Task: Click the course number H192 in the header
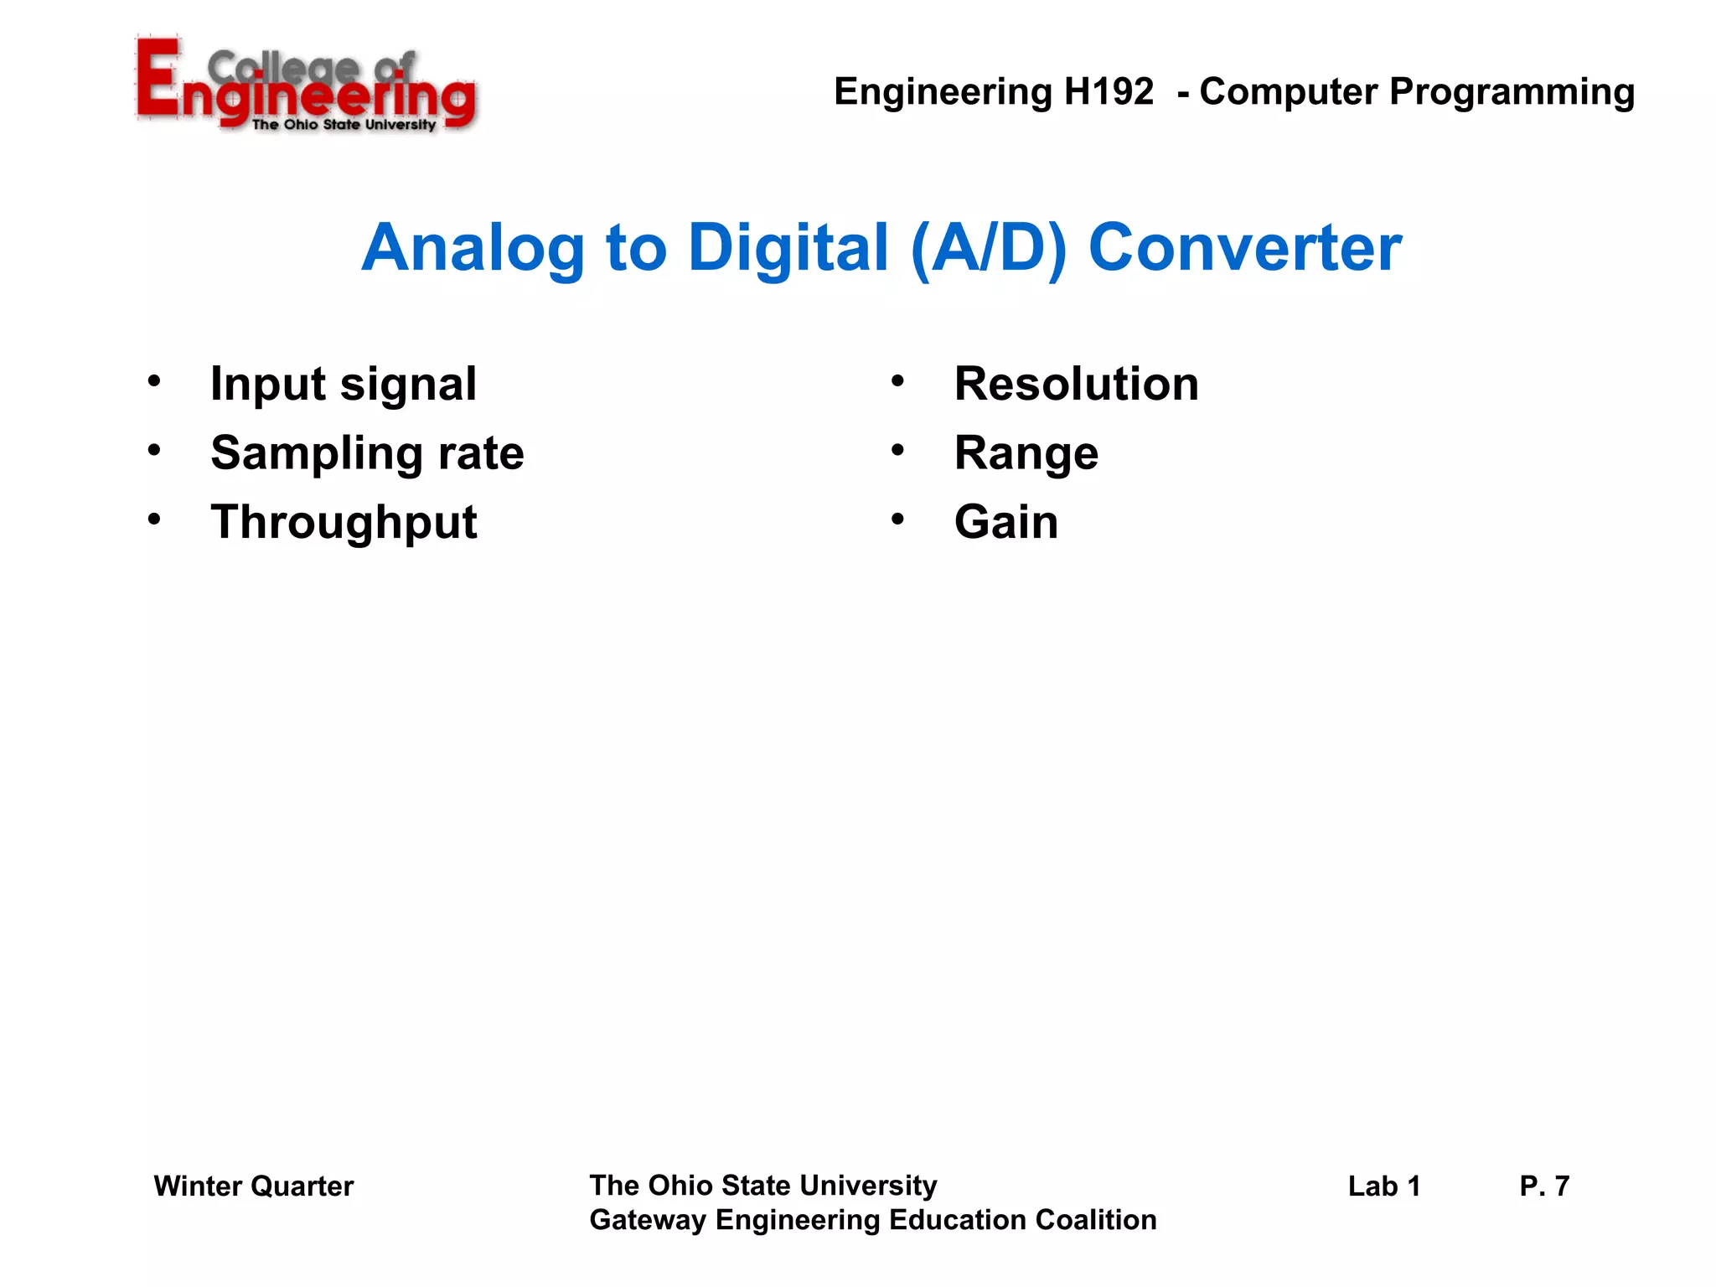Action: click(x=1109, y=91)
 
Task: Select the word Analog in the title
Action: click(x=473, y=249)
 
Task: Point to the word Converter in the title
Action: click(x=1244, y=249)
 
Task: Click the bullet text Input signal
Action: click(x=344, y=385)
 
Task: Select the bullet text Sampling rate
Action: click(x=367, y=453)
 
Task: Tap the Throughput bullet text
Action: click(x=344, y=523)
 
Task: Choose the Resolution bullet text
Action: click(x=1076, y=385)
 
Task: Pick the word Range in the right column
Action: click(x=1026, y=454)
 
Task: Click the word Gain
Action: click(x=1005, y=522)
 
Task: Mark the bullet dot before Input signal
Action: click(x=154, y=382)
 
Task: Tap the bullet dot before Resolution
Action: click(x=897, y=382)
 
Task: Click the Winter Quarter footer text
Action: click(x=253, y=1186)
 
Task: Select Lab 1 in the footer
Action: click(x=1383, y=1186)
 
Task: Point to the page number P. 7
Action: click(x=1543, y=1186)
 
